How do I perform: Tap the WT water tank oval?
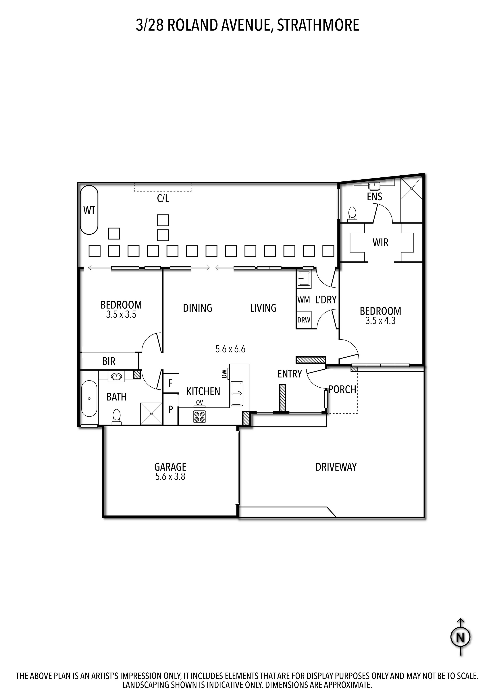pyautogui.click(x=89, y=210)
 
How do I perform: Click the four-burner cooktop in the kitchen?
pyautogui.click(x=199, y=417)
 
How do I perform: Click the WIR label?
pyautogui.click(x=380, y=243)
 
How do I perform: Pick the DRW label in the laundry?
pyautogui.click(x=304, y=320)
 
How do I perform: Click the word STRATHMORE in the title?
pyautogui.click(x=318, y=25)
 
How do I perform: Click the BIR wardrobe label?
pyautogui.click(x=109, y=361)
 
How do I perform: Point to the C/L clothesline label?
pyautogui.click(x=163, y=199)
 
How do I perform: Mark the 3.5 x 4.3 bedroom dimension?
pyautogui.click(x=380, y=321)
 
